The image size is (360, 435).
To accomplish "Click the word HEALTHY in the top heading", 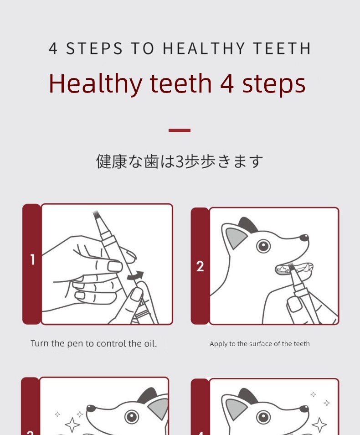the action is (x=204, y=48).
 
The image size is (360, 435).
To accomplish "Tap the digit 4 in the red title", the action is (x=227, y=83).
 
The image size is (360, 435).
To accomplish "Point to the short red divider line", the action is (x=180, y=130).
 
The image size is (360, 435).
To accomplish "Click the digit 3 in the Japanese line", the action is (x=180, y=161).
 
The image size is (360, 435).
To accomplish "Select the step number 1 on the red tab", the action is (x=32, y=259).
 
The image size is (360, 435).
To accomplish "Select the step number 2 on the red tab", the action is (x=200, y=266).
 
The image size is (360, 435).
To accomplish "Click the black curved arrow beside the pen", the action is (x=136, y=275).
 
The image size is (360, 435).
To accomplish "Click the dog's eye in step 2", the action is (x=263, y=246).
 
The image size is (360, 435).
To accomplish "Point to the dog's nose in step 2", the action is (x=304, y=238).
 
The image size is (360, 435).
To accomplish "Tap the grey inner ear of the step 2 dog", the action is (x=236, y=238).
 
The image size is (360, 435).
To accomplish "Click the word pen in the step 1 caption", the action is (x=75, y=344).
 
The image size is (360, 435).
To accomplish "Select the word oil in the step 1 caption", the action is (x=149, y=343).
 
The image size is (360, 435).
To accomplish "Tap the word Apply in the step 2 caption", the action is (x=218, y=344).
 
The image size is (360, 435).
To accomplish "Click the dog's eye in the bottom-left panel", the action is (x=131, y=416).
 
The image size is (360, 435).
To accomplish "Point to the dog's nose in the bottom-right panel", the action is (x=304, y=409).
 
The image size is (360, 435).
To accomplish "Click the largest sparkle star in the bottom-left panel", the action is (x=72, y=425).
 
